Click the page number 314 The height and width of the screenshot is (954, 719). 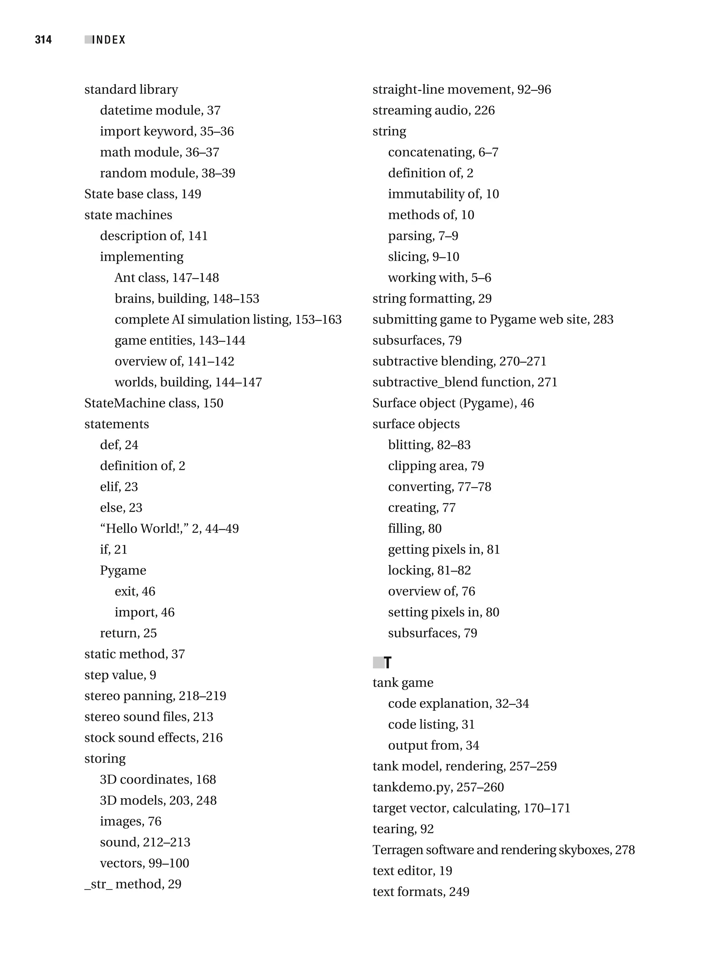(x=43, y=40)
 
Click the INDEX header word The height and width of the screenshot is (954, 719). (x=109, y=40)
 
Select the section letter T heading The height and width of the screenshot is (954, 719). (x=387, y=663)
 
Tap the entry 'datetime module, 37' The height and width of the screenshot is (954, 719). (x=160, y=110)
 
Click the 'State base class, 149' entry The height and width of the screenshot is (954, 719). (x=143, y=194)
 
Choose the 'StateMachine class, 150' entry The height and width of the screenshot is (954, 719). (x=153, y=403)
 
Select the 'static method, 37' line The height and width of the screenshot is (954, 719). (x=134, y=654)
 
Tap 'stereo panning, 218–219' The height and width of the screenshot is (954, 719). (x=155, y=696)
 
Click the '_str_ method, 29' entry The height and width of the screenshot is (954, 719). (x=133, y=884)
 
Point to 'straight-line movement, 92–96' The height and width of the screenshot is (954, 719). (x=462, y=89)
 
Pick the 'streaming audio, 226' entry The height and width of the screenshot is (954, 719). (x=434, y=110)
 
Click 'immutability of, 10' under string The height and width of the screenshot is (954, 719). (x=443, y=194)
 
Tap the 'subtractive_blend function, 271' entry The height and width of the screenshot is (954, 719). (x=465, y=382)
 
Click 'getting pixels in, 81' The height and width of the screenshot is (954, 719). (x=444, y=550)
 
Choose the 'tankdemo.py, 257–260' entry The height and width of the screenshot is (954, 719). (x=438, y=787)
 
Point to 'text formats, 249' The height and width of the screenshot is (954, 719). (x=421, y=892)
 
